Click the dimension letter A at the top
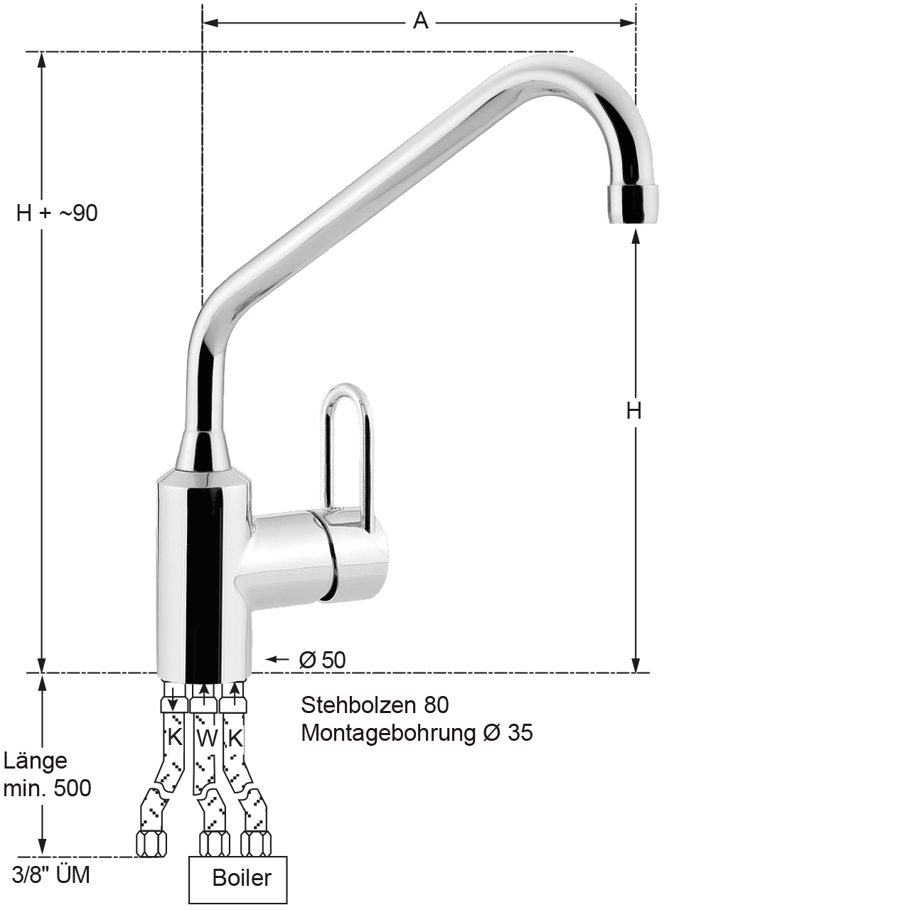tap(420, 21)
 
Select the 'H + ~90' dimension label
tap(57, 213)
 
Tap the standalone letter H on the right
tap(633, 411)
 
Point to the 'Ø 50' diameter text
tap(323, 660)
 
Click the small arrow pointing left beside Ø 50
tap(277, 659)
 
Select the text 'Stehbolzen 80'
tap(375, 705)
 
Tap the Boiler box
tap(238, 878)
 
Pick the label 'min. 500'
tap(47, 788)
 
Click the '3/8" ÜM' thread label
tap(50, 875)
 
